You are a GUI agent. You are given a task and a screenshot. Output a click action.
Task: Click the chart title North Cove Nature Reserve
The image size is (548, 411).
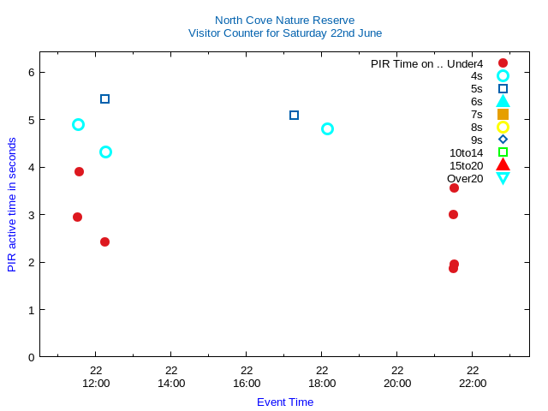284,20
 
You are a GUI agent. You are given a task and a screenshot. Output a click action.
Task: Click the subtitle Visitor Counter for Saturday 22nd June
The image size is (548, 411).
284,33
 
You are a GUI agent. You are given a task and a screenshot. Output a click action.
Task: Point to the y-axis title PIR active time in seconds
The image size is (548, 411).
12,205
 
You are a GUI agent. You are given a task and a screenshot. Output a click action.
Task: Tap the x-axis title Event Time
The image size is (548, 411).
284,402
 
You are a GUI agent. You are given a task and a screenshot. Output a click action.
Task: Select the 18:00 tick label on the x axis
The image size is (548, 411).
322,383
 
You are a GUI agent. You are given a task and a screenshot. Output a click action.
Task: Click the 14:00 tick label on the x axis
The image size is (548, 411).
171,383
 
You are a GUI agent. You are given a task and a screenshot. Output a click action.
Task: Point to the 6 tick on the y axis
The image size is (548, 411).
30,73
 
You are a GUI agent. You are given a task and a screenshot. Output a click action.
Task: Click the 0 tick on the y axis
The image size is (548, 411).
30,357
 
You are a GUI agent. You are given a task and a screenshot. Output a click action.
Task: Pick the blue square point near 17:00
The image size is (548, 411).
294,115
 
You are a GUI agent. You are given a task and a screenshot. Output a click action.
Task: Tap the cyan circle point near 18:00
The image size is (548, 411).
327,128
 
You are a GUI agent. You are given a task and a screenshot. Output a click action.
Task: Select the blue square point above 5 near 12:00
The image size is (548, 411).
104,98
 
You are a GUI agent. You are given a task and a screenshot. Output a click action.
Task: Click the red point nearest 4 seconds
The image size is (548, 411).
79,171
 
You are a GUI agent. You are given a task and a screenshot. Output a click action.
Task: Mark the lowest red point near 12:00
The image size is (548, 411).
104,241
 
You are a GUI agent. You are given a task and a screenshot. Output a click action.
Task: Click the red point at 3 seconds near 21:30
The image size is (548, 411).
453,214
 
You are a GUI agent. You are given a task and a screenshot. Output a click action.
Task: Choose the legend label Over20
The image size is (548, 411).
465,178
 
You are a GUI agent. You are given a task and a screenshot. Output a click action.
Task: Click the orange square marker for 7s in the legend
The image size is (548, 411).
503,114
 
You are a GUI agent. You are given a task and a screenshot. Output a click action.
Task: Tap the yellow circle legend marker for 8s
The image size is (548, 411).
503,127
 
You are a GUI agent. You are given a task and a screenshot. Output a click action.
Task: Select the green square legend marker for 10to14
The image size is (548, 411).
503,152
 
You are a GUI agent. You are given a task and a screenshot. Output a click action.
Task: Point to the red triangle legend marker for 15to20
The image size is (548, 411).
503,165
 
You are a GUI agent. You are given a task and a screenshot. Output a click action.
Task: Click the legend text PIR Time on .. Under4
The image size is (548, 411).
426,63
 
